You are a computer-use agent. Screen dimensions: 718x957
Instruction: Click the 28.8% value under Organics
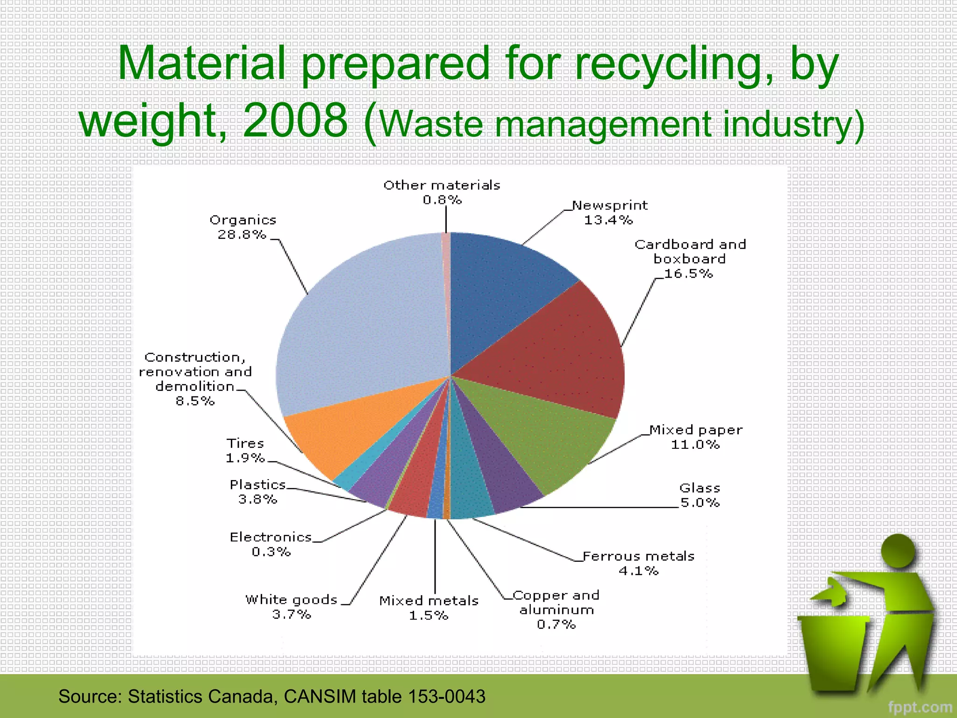pyautogui.click(x=242, y=235)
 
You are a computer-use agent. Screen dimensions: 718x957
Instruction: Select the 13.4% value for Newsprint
pyautogui.click(x=608, y=220)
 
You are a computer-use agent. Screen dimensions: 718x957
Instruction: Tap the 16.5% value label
pyautogui.click(x=688, y=274)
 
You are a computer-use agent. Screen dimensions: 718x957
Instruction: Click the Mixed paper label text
pyautogui.click(x=696, y=430)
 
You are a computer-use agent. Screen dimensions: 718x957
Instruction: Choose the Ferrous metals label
pyautogui.click(x=638, y=556)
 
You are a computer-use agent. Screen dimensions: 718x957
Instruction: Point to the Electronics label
pyautogui.click(x=271, y=537)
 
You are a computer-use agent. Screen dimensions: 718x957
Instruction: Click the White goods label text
pyautogui.click(x=291, y=600)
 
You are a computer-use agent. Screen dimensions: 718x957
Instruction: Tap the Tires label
pyautogui.click(x=245, y=443)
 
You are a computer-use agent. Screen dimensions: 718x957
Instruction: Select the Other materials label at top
pyautogui.click(x=442, y=186)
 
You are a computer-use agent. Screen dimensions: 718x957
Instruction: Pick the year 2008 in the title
pyautogui.click(x=295, y=121)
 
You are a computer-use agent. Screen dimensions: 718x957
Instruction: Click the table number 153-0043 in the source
pyautogui.click(x=447, y=696)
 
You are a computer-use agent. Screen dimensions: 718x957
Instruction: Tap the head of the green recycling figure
pyautogui.click(x=898, y=551)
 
